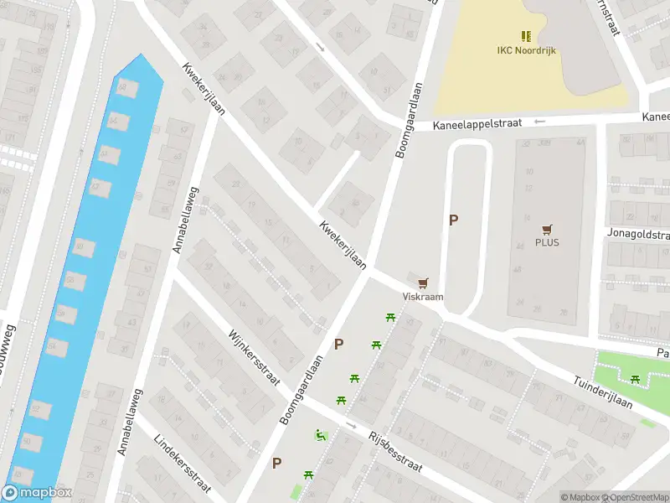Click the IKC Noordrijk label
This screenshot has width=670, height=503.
[525, 50]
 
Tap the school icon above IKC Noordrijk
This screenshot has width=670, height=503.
[525, 36]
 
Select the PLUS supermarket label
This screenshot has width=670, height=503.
[547, 243]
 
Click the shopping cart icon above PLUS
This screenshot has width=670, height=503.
[547, 228]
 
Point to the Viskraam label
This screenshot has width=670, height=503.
[423, 297]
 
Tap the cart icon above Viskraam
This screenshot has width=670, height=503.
[423, 283]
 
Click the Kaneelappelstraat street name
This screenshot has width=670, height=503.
[477, 123]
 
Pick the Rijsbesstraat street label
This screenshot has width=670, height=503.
[395, 454]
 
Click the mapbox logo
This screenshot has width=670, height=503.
[37, 493]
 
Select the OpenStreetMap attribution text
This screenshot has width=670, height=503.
[634, 497]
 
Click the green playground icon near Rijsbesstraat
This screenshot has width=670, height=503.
[319, 434]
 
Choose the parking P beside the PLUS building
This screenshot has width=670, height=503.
[454, 220]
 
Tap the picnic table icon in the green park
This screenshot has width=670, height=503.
[636, 380]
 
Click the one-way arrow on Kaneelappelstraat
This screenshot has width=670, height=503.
[539, 122]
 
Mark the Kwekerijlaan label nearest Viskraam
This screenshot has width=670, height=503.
[343, 245]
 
